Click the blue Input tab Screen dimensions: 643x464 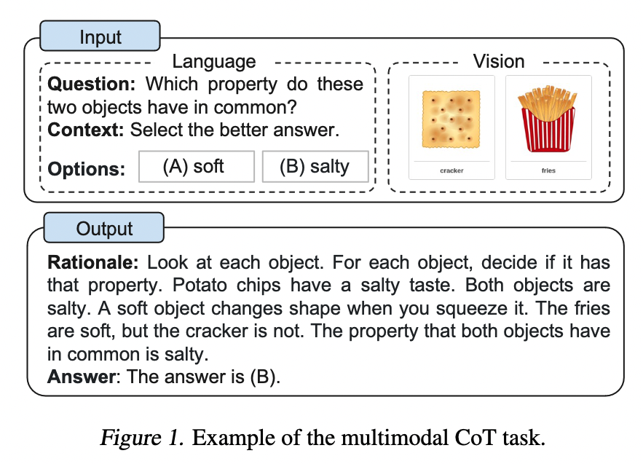[100, 36]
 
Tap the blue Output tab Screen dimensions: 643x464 [103, 228]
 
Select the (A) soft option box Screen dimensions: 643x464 [197, 167]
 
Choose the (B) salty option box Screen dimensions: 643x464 [315, 167]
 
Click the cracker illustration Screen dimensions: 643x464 [451, 119]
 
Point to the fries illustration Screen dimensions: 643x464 [548, 119]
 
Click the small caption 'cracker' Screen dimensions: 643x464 [451, 170]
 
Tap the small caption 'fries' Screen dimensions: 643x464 [548, 170]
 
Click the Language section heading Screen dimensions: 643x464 [213, 61]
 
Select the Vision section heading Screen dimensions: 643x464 [499, 61]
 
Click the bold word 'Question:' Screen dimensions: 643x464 [91, 84]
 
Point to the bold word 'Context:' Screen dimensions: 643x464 [86, 130]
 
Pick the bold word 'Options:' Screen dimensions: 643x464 [86, 169]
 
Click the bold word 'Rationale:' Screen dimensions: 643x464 [93, 262]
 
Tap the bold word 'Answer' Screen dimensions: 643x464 [82, 377]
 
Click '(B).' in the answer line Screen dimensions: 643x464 [265, 377]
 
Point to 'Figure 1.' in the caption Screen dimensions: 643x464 [142, 437]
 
